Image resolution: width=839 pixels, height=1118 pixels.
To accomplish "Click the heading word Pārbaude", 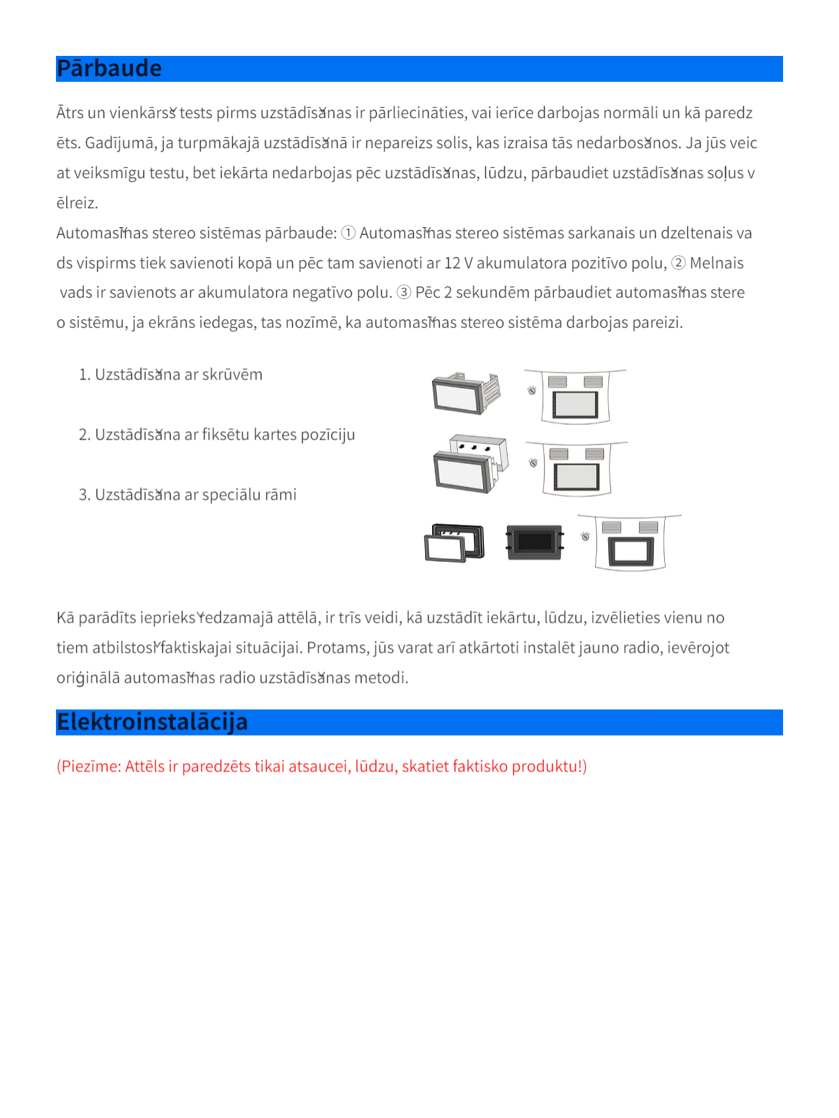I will tap(109, 68).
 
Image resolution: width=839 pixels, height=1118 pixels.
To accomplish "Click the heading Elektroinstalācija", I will tap(152, 722).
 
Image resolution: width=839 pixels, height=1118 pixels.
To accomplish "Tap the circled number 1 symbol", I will tap(348, 233).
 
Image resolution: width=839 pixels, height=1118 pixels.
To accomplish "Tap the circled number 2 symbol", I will tap(678, 263).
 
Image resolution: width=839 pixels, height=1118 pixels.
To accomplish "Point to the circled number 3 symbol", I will tap(404, 292).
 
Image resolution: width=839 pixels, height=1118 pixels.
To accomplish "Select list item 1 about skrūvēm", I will tap(171, 375).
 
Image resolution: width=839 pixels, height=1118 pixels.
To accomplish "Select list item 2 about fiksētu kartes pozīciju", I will tap(217, 435).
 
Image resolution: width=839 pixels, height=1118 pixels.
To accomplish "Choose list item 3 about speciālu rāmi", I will tap(187, 495).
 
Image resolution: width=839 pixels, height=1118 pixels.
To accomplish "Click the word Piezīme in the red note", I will tap(91, 766).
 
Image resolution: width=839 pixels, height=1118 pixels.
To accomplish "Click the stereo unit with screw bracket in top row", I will tap(466, 393).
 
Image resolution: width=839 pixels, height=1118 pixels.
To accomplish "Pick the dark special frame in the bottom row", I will tap(535, 542).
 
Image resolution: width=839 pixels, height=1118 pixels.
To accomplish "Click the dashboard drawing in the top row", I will tap(575, 396).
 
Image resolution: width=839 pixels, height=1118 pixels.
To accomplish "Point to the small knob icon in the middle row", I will tap(533, 463).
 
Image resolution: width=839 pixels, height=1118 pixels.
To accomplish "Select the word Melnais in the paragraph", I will tap(717, 263).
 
